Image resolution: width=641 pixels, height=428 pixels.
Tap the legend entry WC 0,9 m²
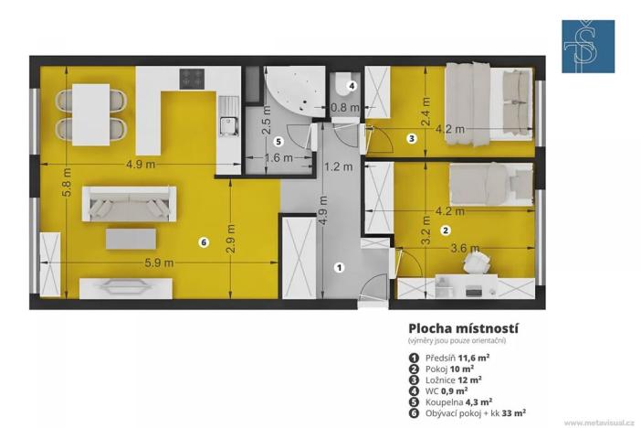pos(439,389)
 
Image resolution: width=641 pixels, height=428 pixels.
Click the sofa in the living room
pos(129,201)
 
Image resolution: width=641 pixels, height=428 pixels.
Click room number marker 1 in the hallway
pos(339,267)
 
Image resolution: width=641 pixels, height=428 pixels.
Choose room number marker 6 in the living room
pos(204,241)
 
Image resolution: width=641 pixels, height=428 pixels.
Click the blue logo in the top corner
pos(587,46)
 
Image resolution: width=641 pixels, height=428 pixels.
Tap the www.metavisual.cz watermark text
pos(598,423)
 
